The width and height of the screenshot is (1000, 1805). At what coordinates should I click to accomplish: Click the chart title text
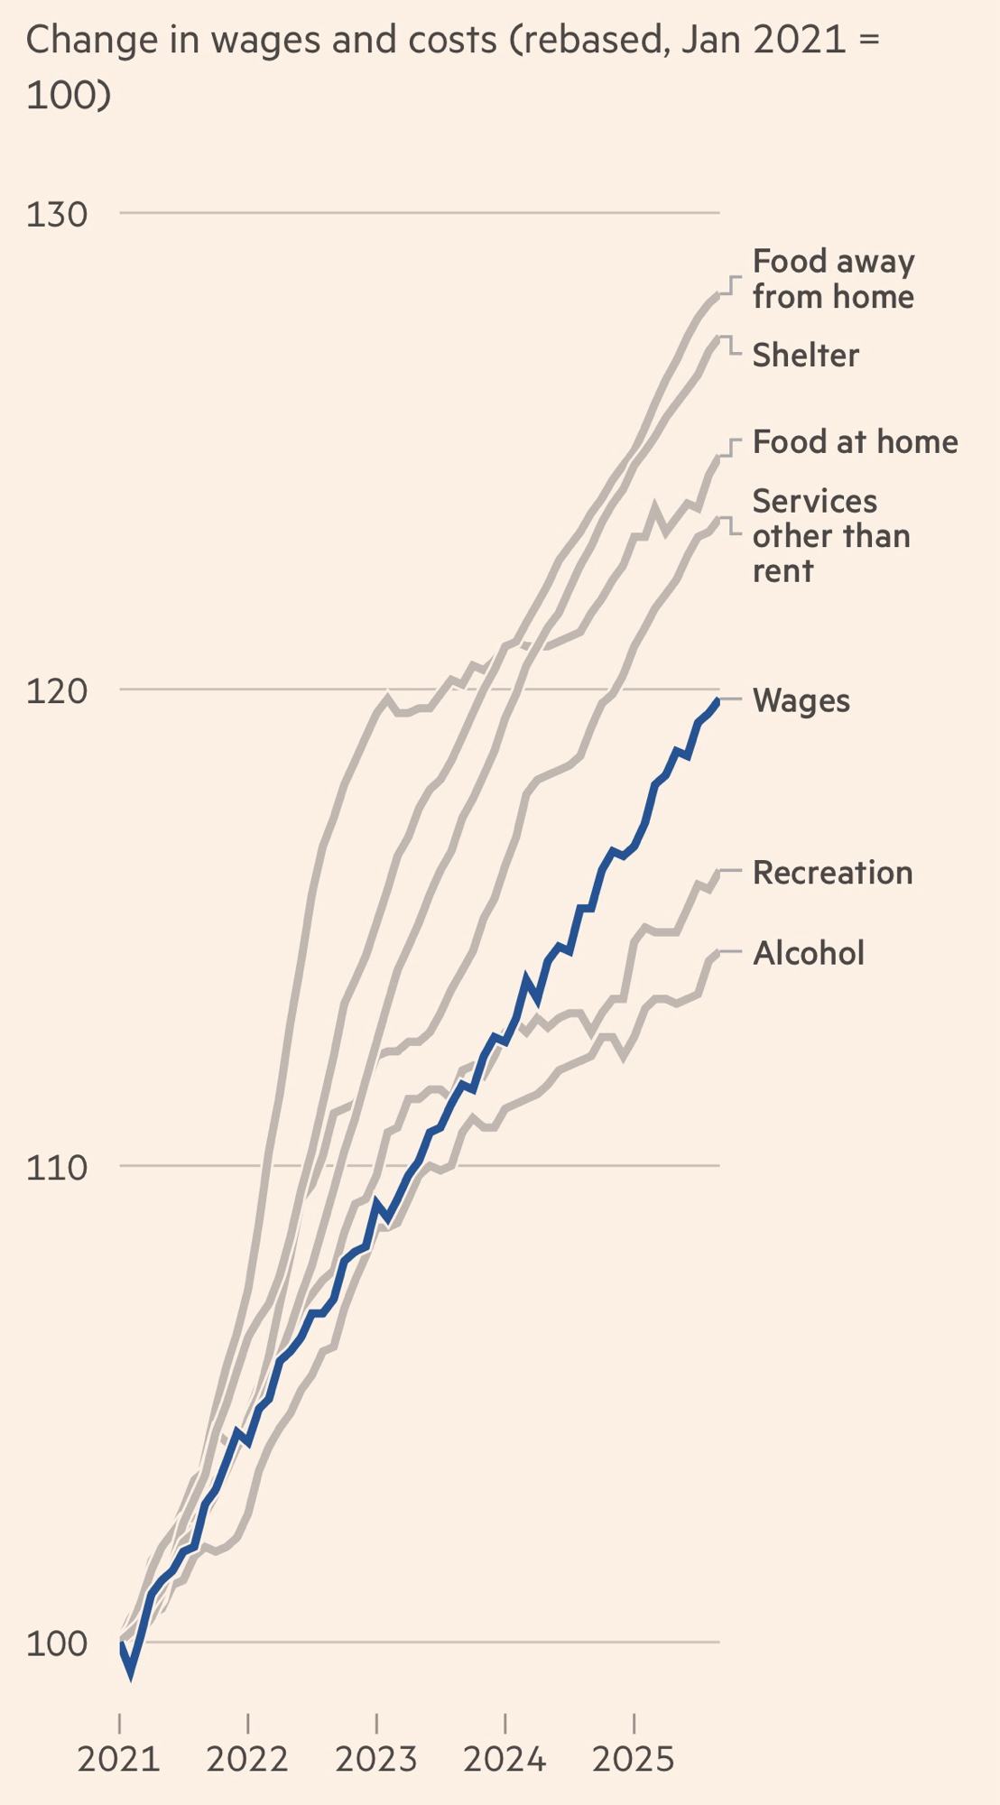451,67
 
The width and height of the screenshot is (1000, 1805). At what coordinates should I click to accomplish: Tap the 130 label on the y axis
57,215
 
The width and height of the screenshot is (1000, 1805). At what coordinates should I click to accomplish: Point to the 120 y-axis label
57,691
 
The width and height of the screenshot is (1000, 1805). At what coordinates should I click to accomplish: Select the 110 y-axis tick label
57,1168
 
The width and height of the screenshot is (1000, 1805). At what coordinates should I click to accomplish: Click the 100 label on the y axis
57,1643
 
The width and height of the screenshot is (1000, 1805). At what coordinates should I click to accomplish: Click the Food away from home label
833,279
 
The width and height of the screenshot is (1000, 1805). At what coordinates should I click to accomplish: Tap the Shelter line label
805,356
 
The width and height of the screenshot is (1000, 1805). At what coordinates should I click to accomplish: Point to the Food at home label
855,442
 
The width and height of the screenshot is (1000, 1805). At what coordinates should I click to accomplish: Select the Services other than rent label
830,536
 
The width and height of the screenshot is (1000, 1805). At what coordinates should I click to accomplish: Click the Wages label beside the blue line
801,701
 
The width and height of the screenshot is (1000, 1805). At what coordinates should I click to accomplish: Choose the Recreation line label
832,873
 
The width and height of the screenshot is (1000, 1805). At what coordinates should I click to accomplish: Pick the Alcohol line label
809,953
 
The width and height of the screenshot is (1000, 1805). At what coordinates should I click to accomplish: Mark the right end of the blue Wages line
718,699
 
